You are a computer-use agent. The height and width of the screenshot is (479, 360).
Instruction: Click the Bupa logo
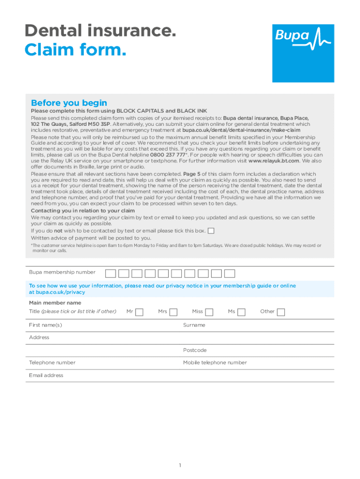[303, 53]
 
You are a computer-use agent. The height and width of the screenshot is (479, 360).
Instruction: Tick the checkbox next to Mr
[139, 312]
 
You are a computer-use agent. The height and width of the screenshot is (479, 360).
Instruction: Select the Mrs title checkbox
[173, 312]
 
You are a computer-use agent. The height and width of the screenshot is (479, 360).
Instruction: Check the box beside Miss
[209, 312]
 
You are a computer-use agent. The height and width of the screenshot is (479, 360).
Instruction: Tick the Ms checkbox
[241, 312]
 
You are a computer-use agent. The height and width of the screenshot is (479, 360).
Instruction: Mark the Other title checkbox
[281, 312]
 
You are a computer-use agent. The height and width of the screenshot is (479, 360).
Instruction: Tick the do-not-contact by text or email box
[211, 231]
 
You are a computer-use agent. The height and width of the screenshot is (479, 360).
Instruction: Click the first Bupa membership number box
[111, 274]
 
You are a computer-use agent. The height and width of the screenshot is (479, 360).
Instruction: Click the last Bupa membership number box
[230, 274]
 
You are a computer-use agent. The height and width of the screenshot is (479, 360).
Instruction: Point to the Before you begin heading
[69, 103]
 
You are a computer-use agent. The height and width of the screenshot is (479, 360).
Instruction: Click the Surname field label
[194, 325]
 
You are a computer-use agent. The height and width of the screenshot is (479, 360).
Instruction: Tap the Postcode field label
[195, 350]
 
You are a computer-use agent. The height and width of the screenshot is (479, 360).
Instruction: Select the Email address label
[46, 375]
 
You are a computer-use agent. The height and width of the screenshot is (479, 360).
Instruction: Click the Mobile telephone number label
[215, 363]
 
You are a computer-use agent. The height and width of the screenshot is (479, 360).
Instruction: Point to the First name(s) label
[45, 325]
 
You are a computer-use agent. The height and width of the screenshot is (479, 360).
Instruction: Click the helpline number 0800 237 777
[167, 154]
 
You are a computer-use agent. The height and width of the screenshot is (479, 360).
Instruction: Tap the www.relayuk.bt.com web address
[274, 161]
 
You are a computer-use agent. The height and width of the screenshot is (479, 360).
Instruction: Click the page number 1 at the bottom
[180, 465]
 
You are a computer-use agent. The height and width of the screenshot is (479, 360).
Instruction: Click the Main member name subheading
[55, 303]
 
